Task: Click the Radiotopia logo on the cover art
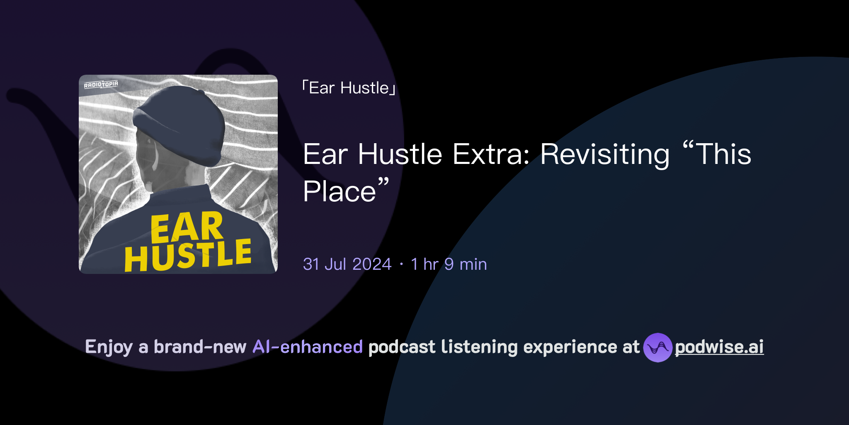click(x=101, y=85)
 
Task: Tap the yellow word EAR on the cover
click(x=187, y=227)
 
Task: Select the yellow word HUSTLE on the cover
click(x=188, y=255)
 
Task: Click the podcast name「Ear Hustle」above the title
click(x=349, y=88)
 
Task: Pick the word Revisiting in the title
click(x=605, y=154)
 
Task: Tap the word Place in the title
click(x=340, y=192)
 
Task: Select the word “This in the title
click(x=717, y=154)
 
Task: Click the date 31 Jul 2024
click(x=347, y=264)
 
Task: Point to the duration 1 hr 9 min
click(x=449, y=264)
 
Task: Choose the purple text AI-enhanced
click(x=308, y=347)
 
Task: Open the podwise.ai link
click(x=719, y=347)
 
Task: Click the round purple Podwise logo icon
click(x=657, y=347)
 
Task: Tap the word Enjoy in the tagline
click(x=109, y=347)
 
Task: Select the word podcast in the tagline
click(x=402, y=347)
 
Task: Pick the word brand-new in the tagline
click(x=200, y=347)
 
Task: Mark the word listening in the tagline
click(x=479, y=347)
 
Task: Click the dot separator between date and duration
click(x=401, y=264)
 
